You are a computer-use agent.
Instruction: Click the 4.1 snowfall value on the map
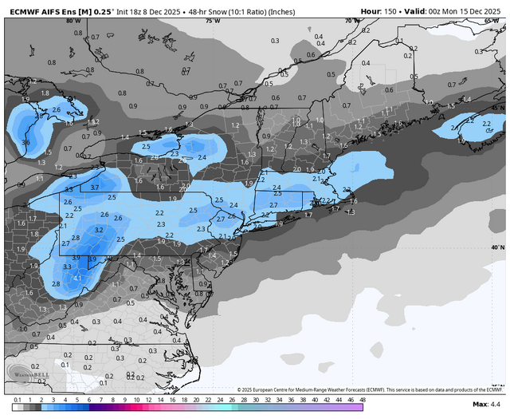tap(77, 278)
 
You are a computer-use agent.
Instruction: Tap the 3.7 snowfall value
tap(94, 188)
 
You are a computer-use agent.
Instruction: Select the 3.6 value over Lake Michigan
tap(25, 143)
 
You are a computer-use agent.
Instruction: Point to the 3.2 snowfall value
tap(100, 230)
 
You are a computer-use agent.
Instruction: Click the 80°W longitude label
tap(73, 21)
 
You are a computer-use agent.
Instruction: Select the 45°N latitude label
tap(497, 107)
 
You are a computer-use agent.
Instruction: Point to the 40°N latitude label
tap(497, 247)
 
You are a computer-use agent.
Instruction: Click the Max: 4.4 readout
tap(486, 406)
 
